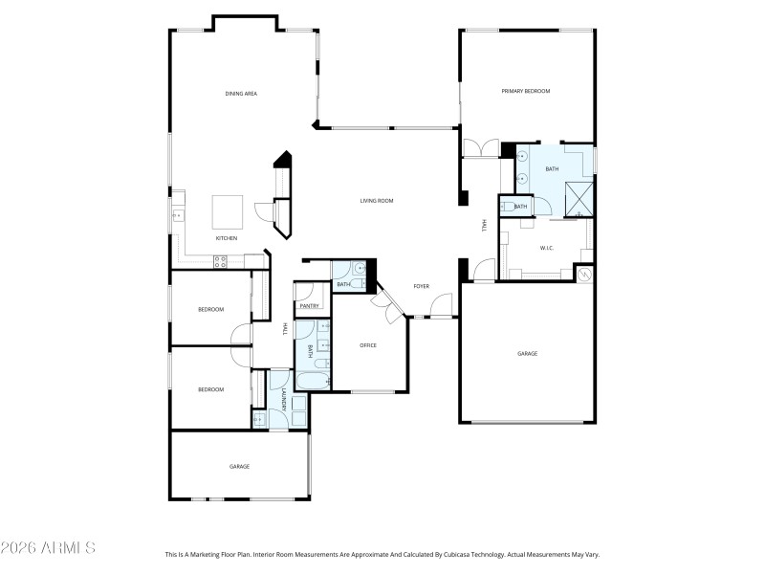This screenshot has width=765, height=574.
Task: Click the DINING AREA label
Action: pos(241,94)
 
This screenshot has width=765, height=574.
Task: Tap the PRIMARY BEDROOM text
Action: pos(526,91)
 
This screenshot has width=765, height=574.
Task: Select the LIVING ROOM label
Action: pos(377,201)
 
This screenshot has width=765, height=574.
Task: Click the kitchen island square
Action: pos(227,210)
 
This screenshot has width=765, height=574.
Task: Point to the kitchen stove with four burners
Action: pos(219,260)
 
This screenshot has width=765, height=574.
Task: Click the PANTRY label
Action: pos(308,305)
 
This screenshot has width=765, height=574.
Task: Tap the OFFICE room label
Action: pos(368,345)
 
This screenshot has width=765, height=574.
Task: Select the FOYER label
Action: pos(421,286)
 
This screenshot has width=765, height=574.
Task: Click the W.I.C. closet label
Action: pos(547,248)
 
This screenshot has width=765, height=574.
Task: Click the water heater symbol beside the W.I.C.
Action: pos(584,274)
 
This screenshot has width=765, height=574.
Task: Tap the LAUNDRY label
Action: pos(284,399)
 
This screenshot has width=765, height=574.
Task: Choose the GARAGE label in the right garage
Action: pos(527,354)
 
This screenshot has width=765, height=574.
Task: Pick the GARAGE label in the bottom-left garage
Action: pos(239,467)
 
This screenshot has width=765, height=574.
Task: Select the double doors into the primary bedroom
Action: pos(479,148)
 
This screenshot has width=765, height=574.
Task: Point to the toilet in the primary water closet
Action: pos(506,207)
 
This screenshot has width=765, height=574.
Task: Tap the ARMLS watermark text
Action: pos(48,548)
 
